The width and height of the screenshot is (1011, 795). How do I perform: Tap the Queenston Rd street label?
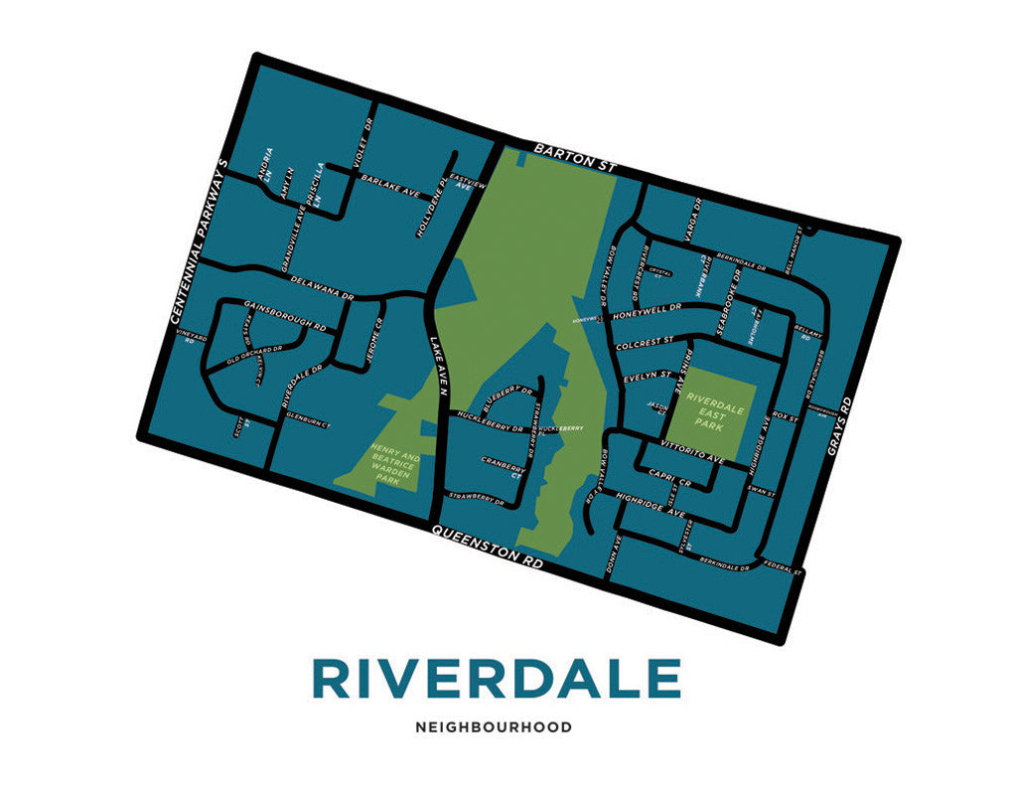[488, 546]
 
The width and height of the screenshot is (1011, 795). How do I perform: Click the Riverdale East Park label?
[714, 410]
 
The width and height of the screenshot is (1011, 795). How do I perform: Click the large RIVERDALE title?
[496, 679]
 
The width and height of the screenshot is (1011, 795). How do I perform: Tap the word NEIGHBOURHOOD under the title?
[494, 727]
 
